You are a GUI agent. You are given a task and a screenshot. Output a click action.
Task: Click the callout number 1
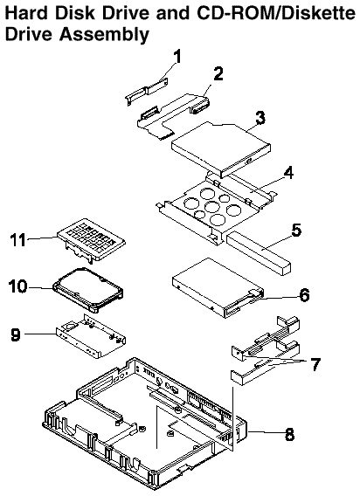(177, 57)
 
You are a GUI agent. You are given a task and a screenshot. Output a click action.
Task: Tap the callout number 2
(218, 73)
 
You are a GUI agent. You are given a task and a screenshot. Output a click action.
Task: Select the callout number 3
(260, 117)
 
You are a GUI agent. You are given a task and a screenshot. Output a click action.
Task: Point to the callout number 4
(288, 173)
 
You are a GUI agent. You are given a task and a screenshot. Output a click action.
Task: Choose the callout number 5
(296, 230)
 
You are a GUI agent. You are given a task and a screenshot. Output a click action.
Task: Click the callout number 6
(304, 295)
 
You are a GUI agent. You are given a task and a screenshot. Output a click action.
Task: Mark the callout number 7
(315, 364)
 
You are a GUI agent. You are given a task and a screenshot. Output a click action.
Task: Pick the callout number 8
(289, 434)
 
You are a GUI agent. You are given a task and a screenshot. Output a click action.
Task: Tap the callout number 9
(16, 334)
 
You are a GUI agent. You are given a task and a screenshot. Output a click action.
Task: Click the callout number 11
(17, 239)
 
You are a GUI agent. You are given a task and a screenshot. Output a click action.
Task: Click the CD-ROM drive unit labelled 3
(221, 148)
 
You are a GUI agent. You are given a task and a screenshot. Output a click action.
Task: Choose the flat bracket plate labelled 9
(91, 336)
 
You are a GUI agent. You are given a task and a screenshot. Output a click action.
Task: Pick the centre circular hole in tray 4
(211, 207)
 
